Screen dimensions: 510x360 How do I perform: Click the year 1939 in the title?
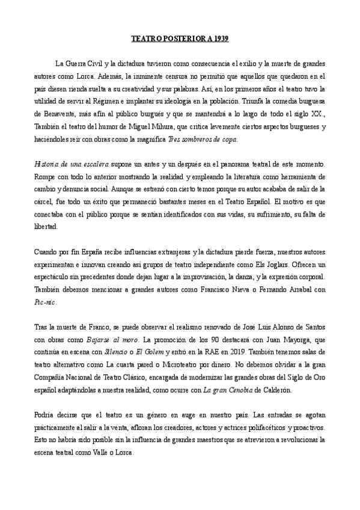pyautogui.click(x=220, y=38)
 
